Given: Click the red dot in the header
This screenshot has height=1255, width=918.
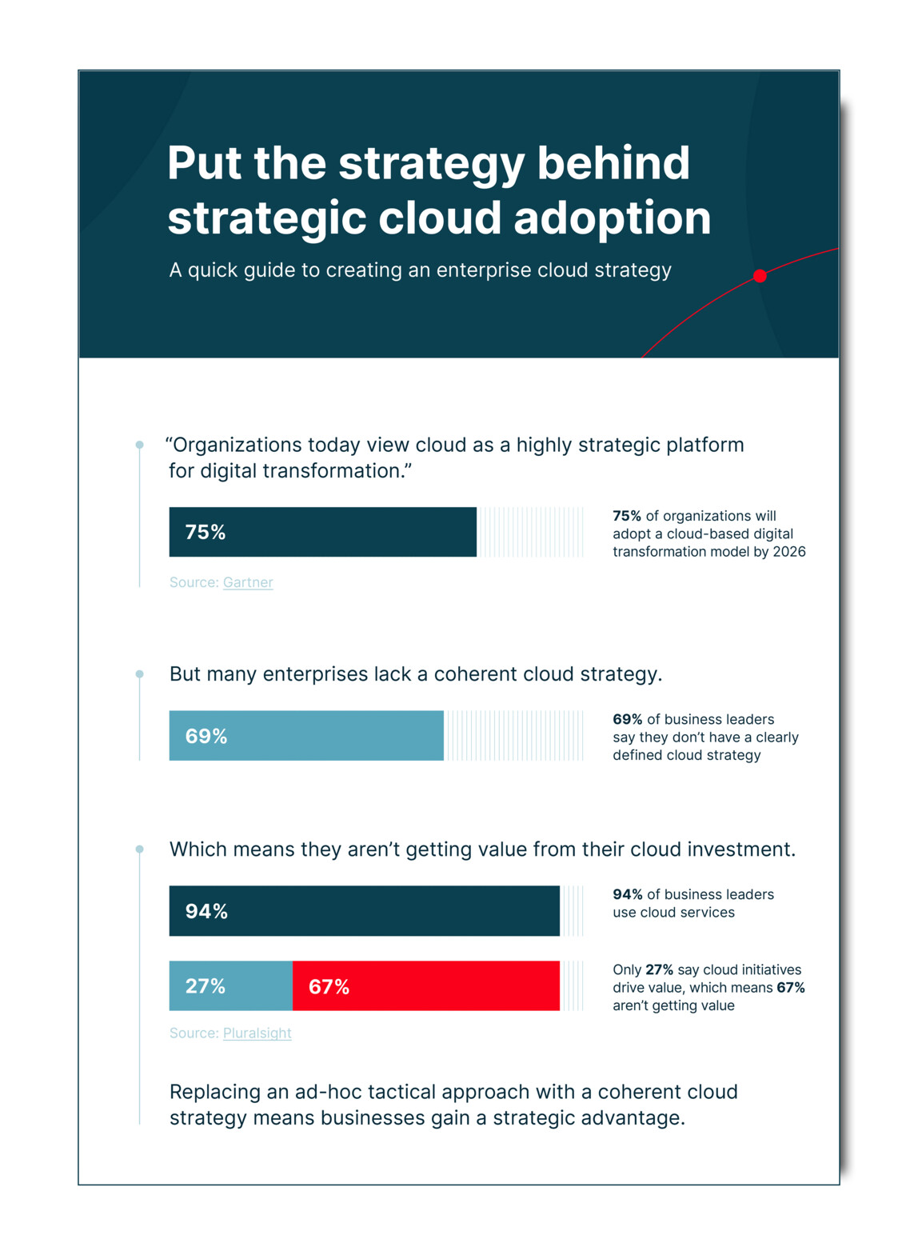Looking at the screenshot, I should tap(760, 276).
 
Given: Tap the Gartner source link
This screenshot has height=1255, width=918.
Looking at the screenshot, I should tap(248, 582).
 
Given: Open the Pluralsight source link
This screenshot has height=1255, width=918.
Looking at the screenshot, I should tap(257, 1033).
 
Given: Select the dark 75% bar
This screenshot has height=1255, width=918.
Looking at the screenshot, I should tap(322, 532).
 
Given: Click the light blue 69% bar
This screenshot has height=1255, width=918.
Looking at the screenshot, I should tap(306, 735).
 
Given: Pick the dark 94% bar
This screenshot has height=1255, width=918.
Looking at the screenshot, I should tap(364, 910).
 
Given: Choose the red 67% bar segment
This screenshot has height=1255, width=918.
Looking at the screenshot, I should tap(425, 985).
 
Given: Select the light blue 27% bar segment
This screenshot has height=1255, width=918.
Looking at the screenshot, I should tap(230, 985).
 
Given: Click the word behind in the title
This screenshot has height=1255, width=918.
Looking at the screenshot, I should tap(613, 163).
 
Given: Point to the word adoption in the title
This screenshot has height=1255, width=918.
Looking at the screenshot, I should tap(612, 218).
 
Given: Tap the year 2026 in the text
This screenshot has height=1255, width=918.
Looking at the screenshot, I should tap(788, 551).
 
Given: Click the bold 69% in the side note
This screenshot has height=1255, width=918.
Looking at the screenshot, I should tap(627, 719).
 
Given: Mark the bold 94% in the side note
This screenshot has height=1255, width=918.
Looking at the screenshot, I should tap(627, 894).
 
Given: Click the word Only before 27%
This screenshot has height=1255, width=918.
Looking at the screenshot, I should tap(627, 969).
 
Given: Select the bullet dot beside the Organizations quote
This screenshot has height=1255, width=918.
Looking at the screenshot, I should tap(140, 445).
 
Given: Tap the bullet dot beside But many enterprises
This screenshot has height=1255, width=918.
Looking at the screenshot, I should tap(140, 674).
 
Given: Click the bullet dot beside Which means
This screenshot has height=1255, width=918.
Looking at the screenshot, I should tap(140, 849).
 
